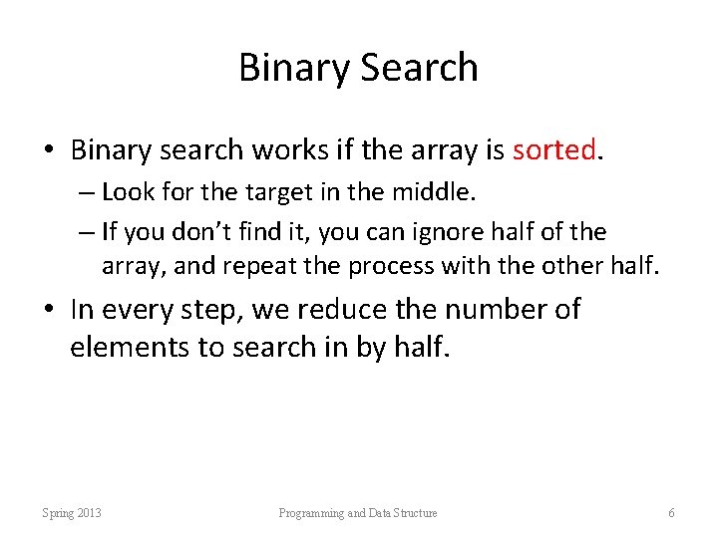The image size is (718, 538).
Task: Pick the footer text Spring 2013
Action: point(72,513)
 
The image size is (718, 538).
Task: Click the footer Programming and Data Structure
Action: point(358,513)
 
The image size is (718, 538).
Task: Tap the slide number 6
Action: point(671,513)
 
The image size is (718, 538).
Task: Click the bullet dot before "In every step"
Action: point(49,311)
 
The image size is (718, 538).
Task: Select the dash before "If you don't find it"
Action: point(87,233)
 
